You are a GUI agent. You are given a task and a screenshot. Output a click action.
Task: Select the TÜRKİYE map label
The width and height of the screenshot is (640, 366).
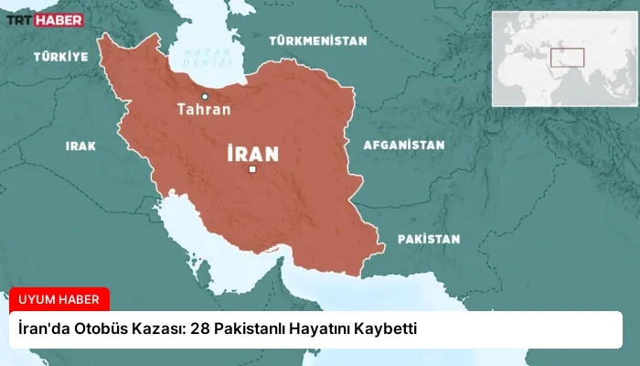61,57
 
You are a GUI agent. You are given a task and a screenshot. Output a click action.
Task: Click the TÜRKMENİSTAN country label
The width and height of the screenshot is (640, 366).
317,41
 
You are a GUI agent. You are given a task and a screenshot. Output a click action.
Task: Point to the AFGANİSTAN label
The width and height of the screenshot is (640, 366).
403,145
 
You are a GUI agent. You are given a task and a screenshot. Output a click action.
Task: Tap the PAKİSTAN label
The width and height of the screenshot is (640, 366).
428,239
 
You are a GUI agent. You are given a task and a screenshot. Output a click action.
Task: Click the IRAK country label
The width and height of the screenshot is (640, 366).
80,145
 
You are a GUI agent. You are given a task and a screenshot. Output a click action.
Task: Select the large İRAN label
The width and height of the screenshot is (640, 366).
252,153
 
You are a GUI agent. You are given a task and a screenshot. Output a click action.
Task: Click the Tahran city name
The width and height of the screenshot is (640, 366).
204,110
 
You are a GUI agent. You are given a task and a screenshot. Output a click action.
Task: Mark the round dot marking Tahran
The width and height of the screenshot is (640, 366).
205,96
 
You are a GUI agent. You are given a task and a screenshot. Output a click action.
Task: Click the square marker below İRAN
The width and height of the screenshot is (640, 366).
252,169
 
